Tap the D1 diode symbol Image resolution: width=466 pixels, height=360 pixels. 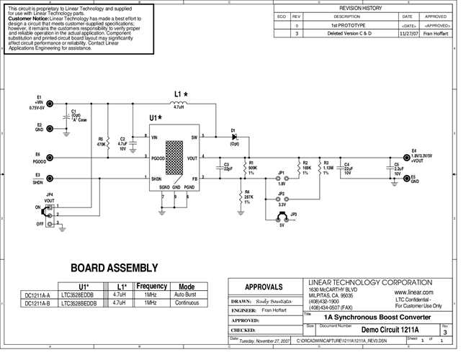click(233, 136)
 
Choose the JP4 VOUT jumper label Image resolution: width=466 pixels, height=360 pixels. click(49, 198)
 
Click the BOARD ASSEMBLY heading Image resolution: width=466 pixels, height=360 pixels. click(114, 268)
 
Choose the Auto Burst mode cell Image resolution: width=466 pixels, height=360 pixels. click(187, 295)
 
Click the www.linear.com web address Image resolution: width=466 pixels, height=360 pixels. click(414, 293)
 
